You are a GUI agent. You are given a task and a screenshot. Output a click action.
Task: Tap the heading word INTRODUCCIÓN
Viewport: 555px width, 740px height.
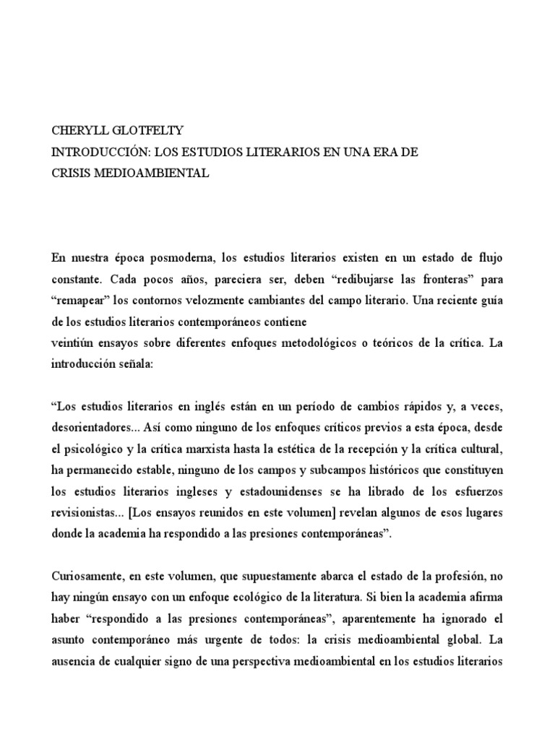[x=96, y=152]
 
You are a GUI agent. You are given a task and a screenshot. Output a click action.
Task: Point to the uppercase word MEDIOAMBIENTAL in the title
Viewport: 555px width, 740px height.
[x=147, y=173]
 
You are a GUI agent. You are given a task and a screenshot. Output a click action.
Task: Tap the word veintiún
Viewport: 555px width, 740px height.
[x=72, y=343]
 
